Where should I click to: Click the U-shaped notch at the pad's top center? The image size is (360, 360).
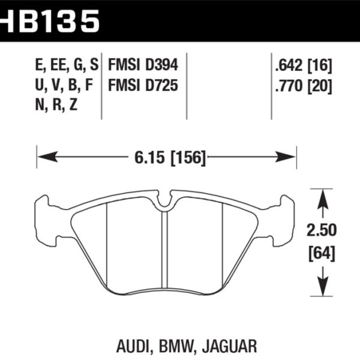click(164, 206)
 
